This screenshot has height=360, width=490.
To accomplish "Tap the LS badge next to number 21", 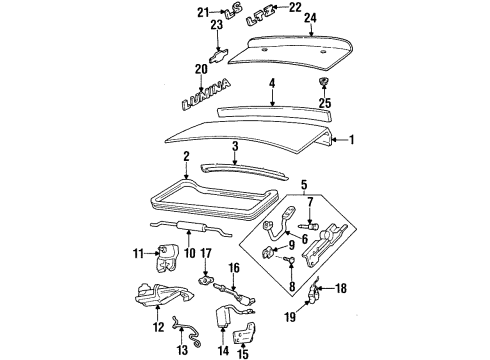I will coord(232,14).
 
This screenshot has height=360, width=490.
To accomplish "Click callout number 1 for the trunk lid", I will coord(350,141).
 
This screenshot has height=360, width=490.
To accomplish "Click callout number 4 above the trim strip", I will coord(270,86).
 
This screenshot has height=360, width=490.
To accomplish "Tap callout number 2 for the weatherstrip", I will coord(186,157).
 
